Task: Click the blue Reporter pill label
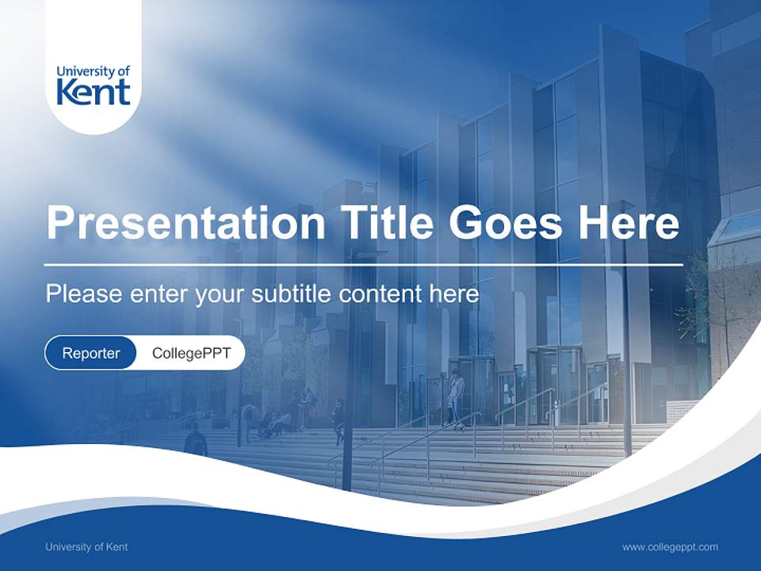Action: tap(91, 353)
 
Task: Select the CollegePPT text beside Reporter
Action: tap(191, 353)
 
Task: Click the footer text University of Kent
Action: tap(86, 546)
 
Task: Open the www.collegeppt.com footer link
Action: tap(670, 546)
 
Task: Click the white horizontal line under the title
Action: tap(364, 264)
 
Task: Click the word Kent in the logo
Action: tap(94, 93)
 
